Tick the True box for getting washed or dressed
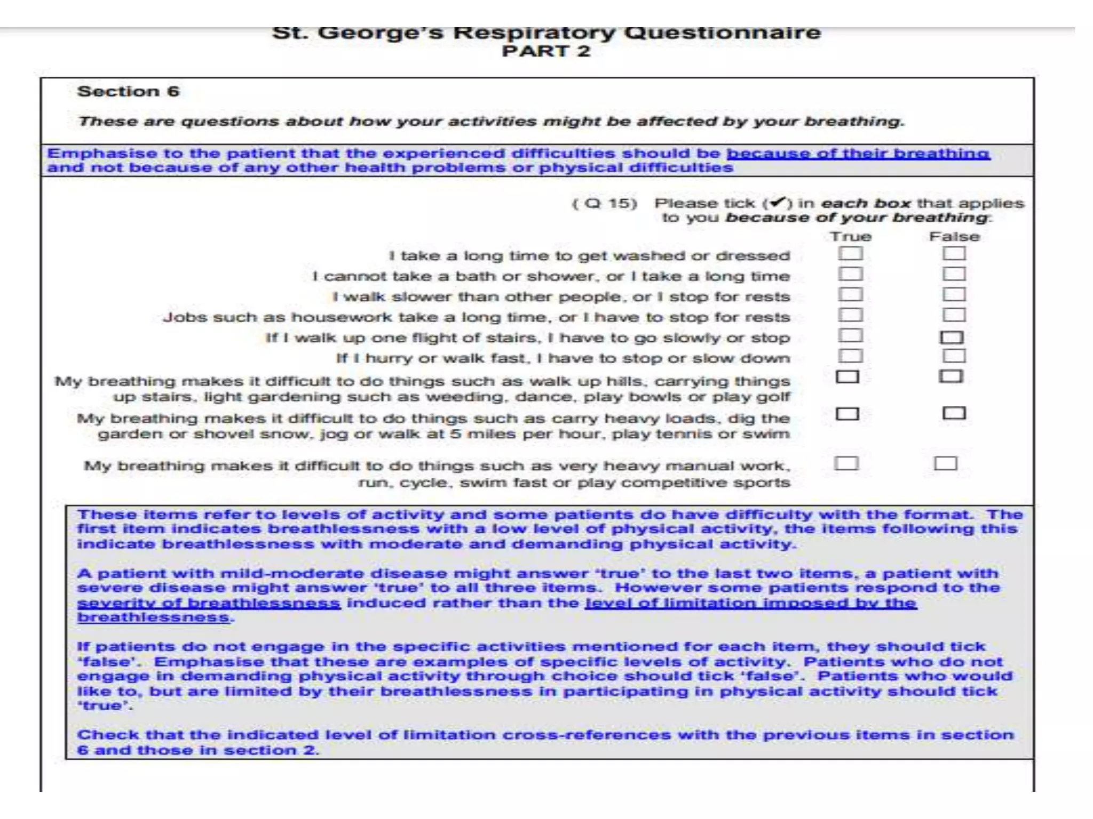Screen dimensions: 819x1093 (x=850, y=253)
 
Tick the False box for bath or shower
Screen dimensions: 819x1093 (x=954, y=274)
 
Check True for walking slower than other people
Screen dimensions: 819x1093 (x=850, y=294)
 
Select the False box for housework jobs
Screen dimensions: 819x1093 (x=954, y=315)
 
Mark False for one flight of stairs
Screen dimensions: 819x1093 (x=952, y=337)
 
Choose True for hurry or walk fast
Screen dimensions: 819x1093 (x=850, y=356)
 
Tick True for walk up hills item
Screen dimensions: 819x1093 (x=847, y=377)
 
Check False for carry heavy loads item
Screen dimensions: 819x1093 (x=954, y=413)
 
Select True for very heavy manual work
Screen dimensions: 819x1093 (x=846, y=463)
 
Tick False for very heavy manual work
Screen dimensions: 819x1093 (x=945, y=463)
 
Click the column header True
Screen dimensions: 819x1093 (x=850, y=236)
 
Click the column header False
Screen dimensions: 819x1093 (x=954, y=236)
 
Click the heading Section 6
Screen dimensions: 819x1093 (x=128, y=91)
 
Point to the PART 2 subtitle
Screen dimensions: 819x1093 (x=546, y=51)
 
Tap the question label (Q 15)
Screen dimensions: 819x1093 (x=605, y=203)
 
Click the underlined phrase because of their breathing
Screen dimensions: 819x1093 (x=858, y=153)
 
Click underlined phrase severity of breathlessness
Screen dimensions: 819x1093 (x=209, y=603)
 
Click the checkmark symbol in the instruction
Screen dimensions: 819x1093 (x=778, y=203)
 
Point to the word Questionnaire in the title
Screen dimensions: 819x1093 (x=722, y=33)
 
